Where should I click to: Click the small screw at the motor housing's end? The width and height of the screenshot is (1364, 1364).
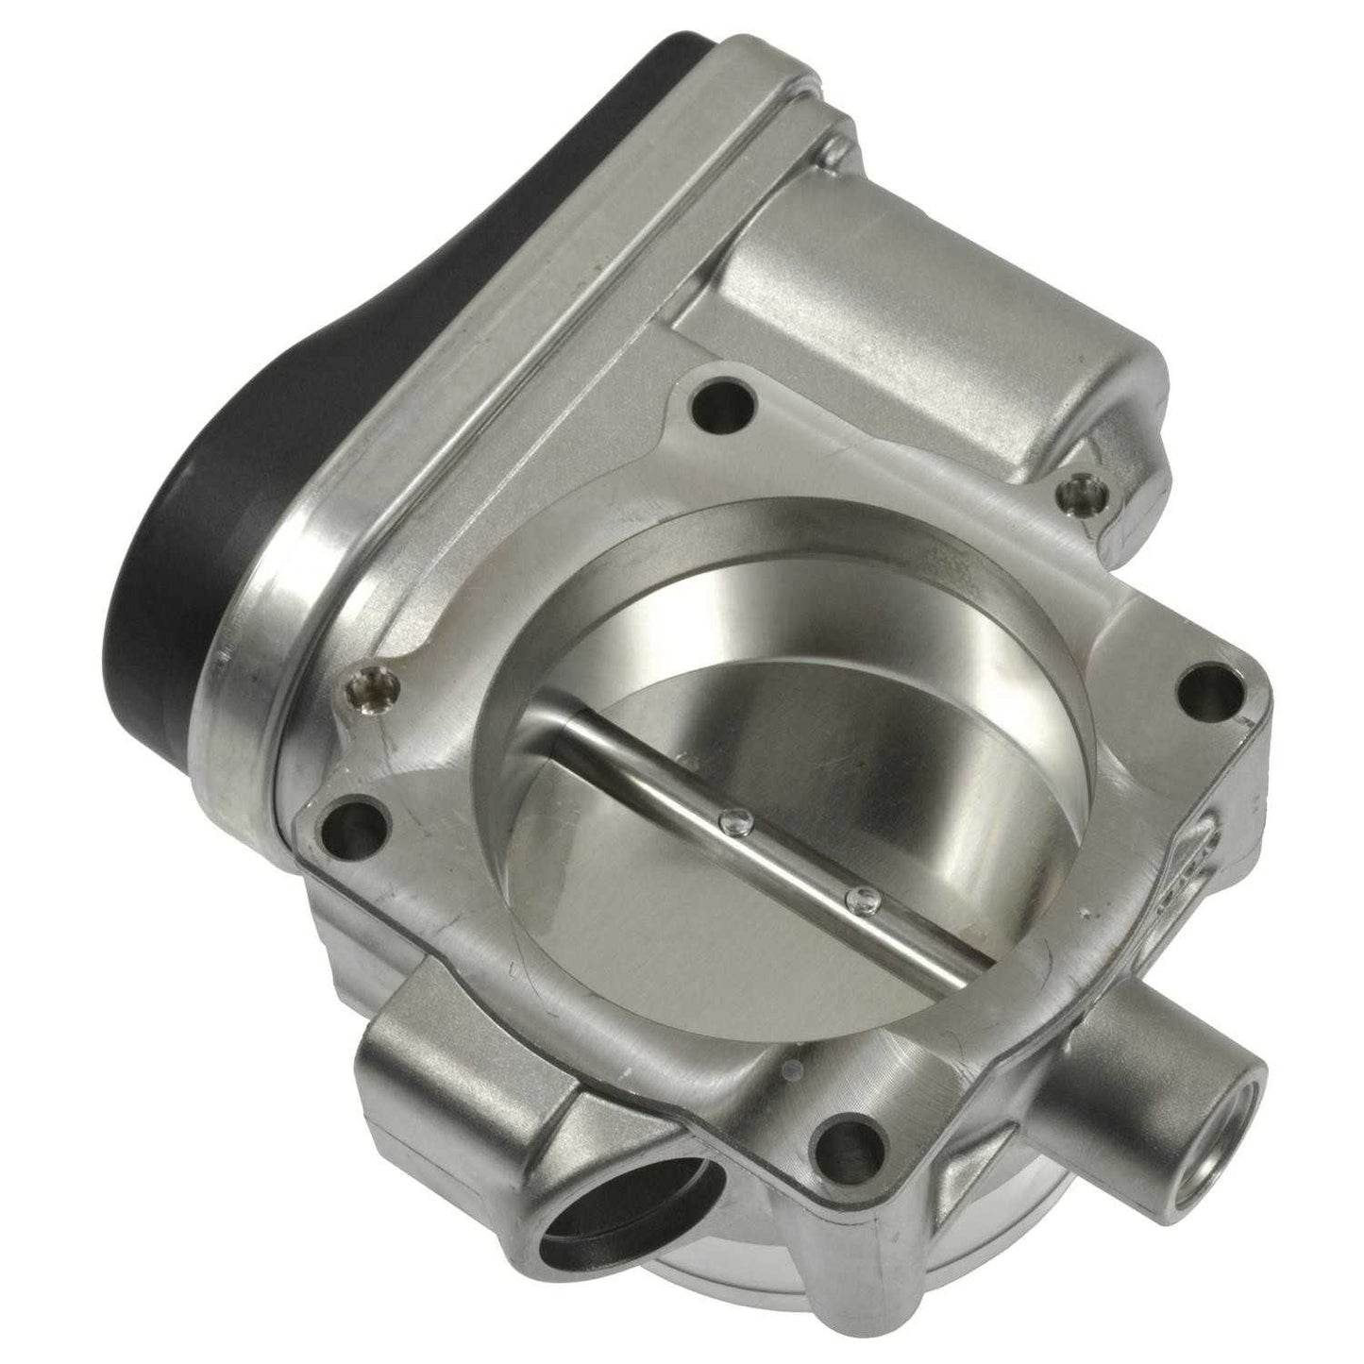[x=1072, y=491]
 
